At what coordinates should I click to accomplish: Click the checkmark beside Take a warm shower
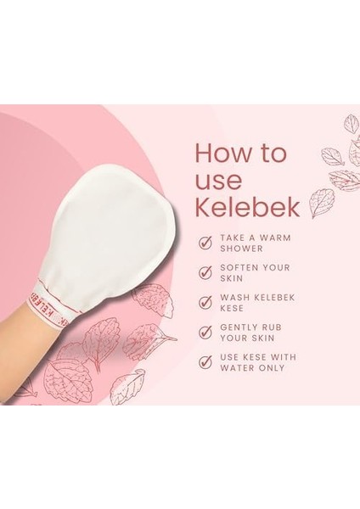click(x=205, y=243)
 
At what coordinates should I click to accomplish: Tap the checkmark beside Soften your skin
click(x=205, y=272)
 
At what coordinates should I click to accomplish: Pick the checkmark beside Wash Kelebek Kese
click(x=205, y=303)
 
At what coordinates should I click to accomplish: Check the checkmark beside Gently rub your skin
click(x=205, y=333)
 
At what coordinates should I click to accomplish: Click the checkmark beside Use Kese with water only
click(x=205, y=362)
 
